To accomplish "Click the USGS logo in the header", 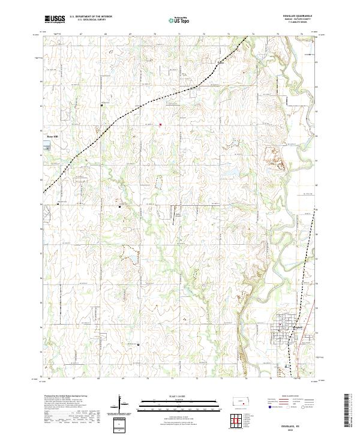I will pyautogui.click(x=55, y=19).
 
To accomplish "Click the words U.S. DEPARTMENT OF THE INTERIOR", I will pyautogui.click(x=91, y=17).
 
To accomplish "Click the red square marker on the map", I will pyautogui.click(x=160, y=125).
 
